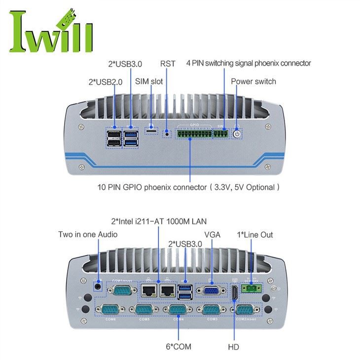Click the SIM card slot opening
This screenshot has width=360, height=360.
pyautogui.click(x=151, y=130)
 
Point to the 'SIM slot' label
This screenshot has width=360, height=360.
pyautogui.click(x=148, y=81)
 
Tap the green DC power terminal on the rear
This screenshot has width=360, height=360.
pyautogui.click(x=251, y=288)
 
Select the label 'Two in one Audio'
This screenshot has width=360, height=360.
pyautogui.click(x=88, y=234)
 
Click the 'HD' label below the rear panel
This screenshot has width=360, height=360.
pyautogui.click(x=233, y=347)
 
